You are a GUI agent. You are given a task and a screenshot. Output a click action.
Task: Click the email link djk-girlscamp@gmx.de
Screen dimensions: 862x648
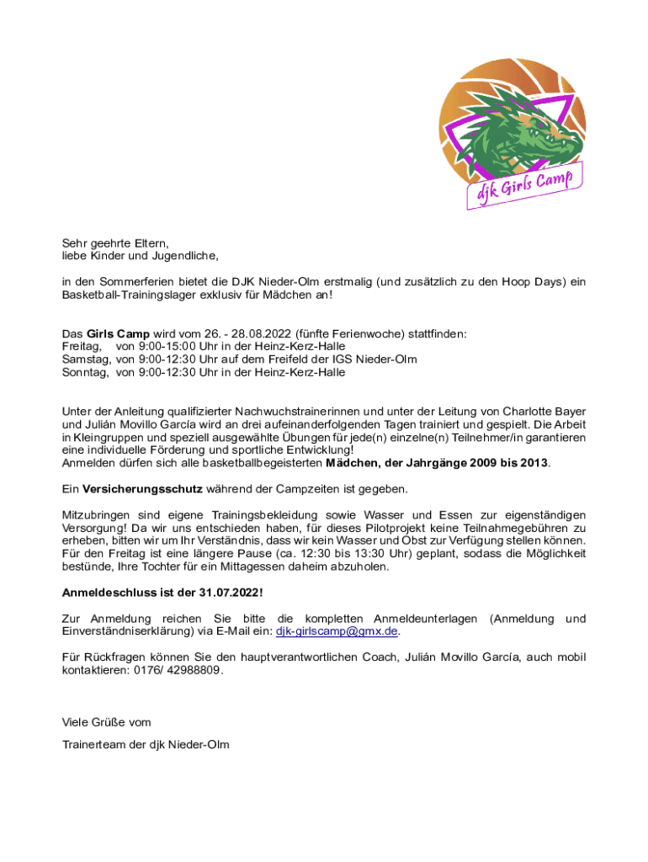[337, 631]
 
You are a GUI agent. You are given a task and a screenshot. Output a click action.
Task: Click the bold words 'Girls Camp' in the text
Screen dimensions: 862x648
[118, 333]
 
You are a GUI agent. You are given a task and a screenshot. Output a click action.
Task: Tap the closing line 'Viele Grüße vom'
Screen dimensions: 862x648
[107, 722]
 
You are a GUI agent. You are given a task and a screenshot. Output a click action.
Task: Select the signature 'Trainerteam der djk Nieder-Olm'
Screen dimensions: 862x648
[146, 745]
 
